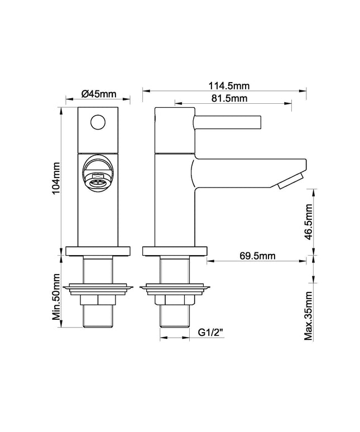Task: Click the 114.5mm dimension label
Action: click(229, 86)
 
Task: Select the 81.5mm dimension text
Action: click(229, 98)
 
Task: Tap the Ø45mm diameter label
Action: click(99, 94)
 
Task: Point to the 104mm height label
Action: click(56, 178)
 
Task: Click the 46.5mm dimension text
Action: click(309, 222)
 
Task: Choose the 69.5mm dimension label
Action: click(257, 256)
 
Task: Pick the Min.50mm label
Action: click(56, 297)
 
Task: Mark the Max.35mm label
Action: click(309, 316)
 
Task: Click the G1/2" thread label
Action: click(210, 333)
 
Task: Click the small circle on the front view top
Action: click(98, 122)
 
